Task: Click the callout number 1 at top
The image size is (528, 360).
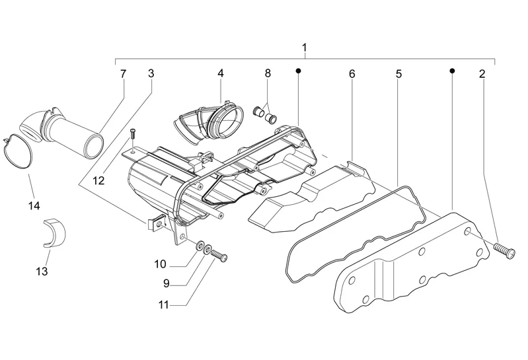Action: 304,48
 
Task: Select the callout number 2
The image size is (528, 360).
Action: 482,74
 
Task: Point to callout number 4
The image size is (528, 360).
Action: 220,74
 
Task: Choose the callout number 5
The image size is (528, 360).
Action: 398,74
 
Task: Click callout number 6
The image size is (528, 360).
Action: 352,74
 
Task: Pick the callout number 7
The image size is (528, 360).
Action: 123,74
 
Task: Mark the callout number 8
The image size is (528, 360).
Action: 268,74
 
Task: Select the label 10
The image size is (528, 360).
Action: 160,264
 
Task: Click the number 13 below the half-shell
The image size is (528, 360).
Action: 42,271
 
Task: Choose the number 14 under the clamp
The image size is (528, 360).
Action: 34,205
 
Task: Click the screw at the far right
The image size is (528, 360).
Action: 504,248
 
